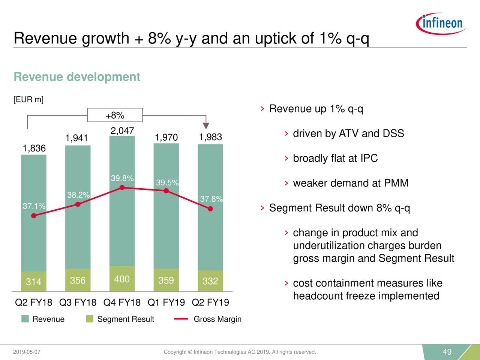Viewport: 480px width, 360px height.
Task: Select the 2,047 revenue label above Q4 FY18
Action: (x=122, y=130)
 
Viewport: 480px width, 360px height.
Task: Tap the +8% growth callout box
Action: (x=115, y=115)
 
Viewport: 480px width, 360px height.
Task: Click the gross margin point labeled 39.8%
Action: (x=122, y=188)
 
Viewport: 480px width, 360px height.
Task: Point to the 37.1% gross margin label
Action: (x=34, y=206)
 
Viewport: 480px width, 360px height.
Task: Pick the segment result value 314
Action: (x=33, y=282)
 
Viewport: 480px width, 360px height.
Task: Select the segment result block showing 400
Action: (x=122, y=279)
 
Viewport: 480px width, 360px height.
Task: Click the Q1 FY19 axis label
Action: (x=166, y=302)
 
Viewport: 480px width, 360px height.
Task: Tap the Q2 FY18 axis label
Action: (x=33, y=302)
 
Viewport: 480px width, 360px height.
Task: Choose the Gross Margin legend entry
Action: (x=217, y=319)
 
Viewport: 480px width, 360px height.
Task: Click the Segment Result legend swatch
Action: (x=90, y=319)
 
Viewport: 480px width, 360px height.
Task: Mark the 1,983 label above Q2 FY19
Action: (x=210, y=137)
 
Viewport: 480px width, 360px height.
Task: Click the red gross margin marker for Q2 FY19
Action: (x=210, y=209)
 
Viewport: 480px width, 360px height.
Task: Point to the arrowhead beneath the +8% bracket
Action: (x=206, y=126)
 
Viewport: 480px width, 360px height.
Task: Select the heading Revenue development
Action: (x=77, y=77)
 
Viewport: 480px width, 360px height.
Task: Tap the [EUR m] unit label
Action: (x=28, y=99)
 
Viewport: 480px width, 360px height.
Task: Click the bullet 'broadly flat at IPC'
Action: (x=335, y=158)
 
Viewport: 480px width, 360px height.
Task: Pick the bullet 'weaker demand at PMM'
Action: (x=350, y=183)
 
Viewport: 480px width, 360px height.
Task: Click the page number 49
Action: (x=447, y=352)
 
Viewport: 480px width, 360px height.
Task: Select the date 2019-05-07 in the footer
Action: (x=27, y=352)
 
